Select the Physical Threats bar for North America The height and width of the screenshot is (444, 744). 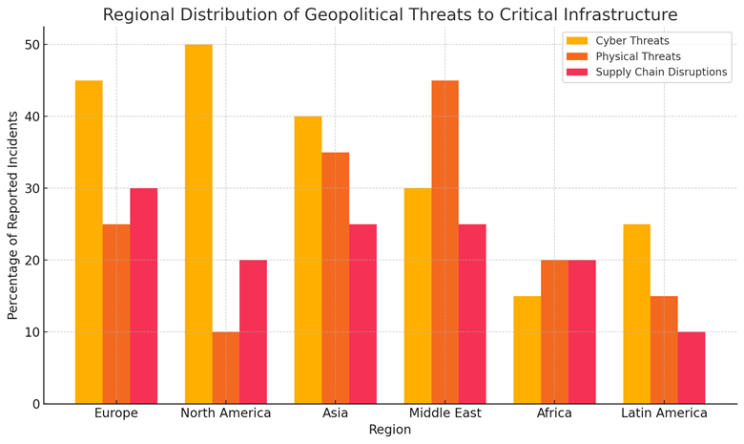click(226, 368)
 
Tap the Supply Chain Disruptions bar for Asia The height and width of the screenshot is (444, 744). click(362, 314)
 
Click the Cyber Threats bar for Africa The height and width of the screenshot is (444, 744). click(527, 349)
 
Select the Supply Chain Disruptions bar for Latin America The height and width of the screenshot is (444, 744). click(692, 368)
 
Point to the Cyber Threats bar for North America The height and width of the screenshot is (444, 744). click(198, 223)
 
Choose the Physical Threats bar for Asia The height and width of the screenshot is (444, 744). click(335, 278)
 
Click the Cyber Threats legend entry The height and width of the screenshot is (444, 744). click(630, 41)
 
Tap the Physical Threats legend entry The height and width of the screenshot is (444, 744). click(638, 56)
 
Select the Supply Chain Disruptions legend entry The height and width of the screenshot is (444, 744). click(660, 73)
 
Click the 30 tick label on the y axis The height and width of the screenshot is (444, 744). click(31, 189)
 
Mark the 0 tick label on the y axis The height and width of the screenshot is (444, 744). click(35, 404)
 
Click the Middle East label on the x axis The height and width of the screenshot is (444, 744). click(444, 413)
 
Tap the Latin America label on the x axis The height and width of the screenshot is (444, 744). click(664, 413)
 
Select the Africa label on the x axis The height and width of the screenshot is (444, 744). click(554, 413)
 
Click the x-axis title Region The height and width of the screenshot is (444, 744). click(389, 431)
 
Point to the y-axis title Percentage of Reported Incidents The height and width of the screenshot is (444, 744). click(13, 215)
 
